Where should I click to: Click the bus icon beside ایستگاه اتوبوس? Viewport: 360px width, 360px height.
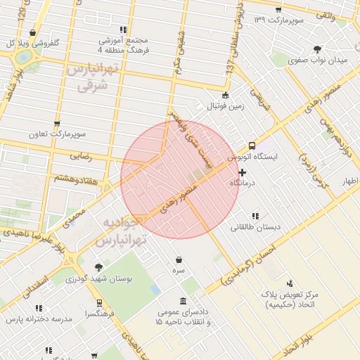(x=252, y=146)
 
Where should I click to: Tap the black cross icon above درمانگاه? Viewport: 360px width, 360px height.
(x=243, y=172)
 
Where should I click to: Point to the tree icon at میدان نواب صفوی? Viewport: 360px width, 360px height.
(x=317, y=49)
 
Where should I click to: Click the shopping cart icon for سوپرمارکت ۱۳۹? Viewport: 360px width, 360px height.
(x=278, y=10)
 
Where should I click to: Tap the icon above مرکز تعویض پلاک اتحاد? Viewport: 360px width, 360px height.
(x=290, y=283)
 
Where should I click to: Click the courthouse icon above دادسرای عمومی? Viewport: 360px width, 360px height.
(x=183, y=301)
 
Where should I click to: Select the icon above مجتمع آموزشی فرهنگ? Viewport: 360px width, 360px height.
(x=123, y=30)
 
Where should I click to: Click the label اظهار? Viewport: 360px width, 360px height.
(x=349, y=181)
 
